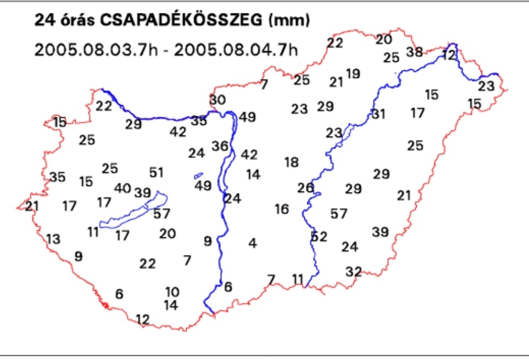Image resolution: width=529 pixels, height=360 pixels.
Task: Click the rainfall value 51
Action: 156,172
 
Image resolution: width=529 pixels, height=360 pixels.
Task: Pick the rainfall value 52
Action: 319,236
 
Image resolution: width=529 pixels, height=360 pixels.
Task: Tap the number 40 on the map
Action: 122,188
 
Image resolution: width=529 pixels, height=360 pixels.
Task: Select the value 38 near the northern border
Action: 414,52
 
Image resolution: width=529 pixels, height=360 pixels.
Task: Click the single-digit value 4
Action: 252,243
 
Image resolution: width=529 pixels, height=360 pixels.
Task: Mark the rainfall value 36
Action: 220,146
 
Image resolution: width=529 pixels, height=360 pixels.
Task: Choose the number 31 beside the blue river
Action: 378,114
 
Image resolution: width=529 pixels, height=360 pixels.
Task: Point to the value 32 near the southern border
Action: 353,271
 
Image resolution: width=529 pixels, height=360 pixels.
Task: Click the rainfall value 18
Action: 291,162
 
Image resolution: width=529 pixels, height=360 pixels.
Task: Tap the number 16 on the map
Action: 282,209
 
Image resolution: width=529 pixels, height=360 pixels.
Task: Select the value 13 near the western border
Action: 53,239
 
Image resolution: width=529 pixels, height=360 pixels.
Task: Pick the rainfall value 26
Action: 306,188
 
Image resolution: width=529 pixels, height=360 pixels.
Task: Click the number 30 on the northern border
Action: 217,100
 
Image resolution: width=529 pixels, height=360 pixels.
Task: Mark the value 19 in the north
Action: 353,74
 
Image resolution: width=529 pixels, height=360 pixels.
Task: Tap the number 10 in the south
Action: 172,292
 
